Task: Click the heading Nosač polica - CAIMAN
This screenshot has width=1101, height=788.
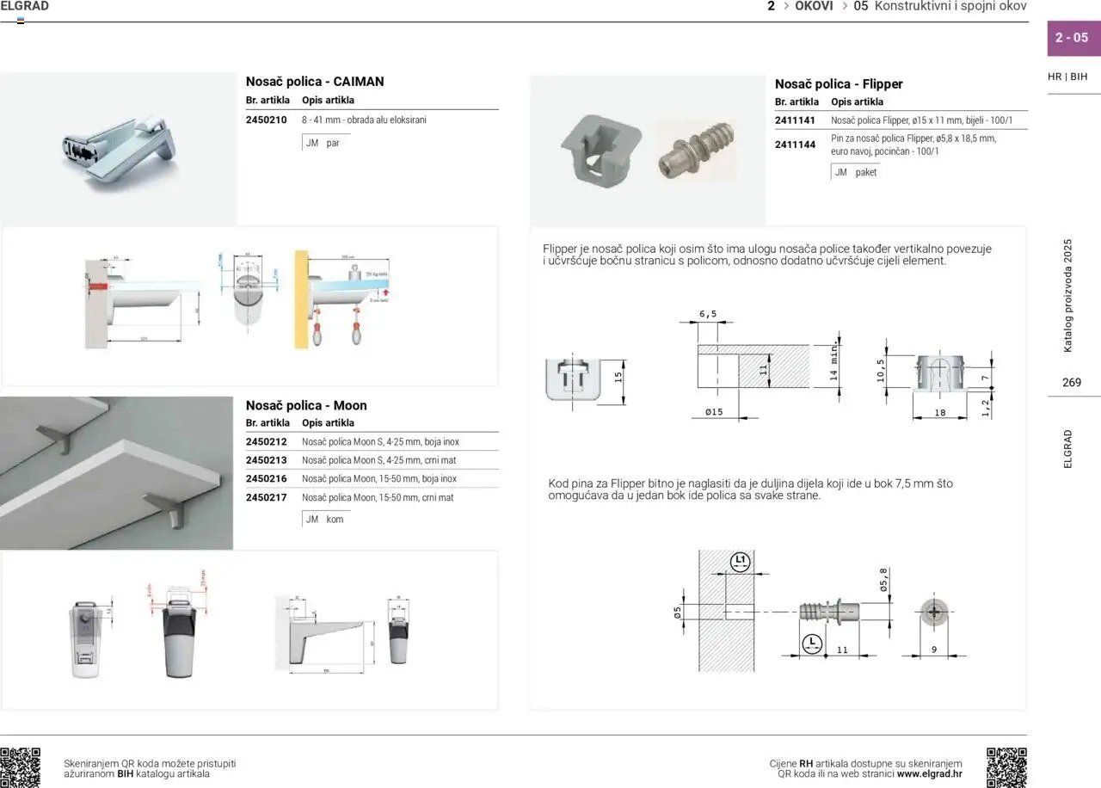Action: tap(315, 82)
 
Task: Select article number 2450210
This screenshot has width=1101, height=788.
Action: tap(266, 120)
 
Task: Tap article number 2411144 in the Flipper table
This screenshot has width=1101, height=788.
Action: tap(795, 145)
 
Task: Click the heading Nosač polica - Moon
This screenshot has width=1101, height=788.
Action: tap(306, 405)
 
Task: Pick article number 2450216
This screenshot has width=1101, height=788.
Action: tap(266, 479)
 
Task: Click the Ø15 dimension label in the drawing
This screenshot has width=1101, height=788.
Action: tap(714, 412)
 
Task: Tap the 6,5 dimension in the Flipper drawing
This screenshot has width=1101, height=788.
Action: tap(707, 315)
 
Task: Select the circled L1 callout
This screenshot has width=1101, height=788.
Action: tap(740, 563)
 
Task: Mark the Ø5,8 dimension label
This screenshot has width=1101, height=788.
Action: tap(883, 580)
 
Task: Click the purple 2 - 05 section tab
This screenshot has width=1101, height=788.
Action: tap(1072, 38)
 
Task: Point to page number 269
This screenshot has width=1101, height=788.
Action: tap(1072, 383)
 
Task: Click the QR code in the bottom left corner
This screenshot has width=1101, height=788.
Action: tap(21, 767)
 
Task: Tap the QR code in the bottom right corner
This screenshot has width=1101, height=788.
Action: tap(1006, 767)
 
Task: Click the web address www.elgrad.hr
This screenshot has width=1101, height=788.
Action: tap(929, 773)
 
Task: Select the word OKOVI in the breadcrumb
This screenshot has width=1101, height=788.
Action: tap(814, 6)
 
